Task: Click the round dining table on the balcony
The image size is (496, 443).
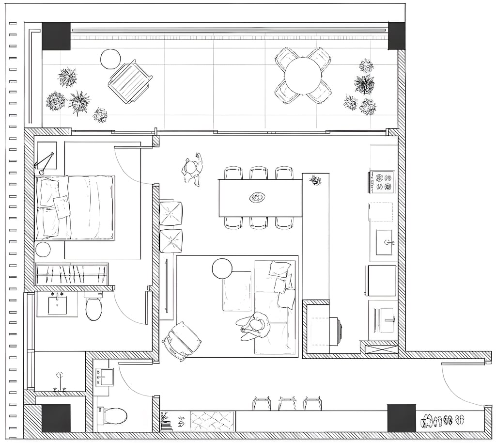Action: [x=303, y=75]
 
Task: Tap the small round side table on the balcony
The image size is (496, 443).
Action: [x=110, y=59]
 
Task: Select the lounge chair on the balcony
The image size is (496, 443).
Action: [x=130, y=81]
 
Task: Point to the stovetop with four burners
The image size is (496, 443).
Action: [x=382, y=182]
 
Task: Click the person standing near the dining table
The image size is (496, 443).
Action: [x=193, y=169]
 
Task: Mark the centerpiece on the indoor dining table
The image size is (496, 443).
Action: [x=257, y=197]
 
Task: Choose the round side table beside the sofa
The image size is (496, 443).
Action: [x=222, y=269]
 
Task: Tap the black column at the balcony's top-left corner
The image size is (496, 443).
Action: [x=56, y=36]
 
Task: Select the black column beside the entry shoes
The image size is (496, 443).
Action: [x=402, y=418]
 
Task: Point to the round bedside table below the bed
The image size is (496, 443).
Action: [x=43, y=249]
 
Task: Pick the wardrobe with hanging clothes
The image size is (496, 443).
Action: [x=72, y=274]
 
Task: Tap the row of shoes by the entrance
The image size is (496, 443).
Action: [x=443, y=420]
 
